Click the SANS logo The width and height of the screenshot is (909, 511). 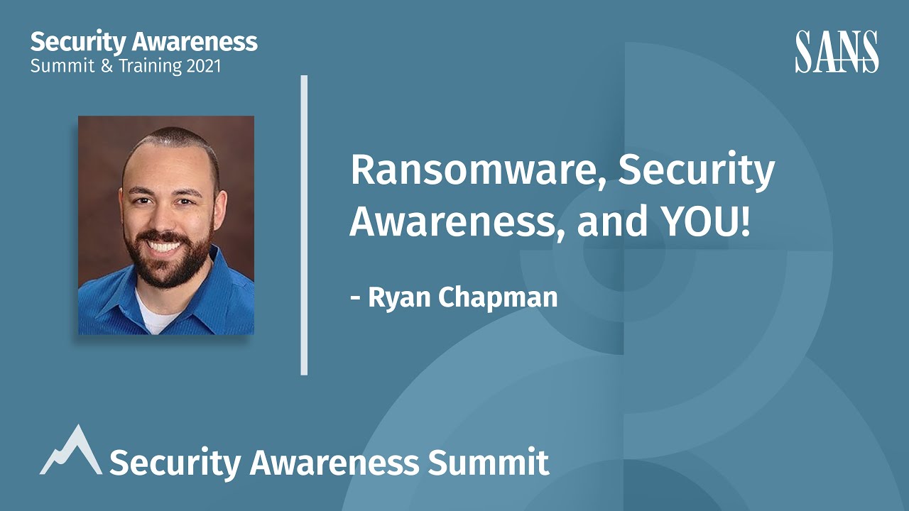click(837, 51)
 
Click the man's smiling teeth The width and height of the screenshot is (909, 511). click(163, 248)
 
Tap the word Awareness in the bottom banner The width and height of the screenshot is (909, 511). click(334, 463)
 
